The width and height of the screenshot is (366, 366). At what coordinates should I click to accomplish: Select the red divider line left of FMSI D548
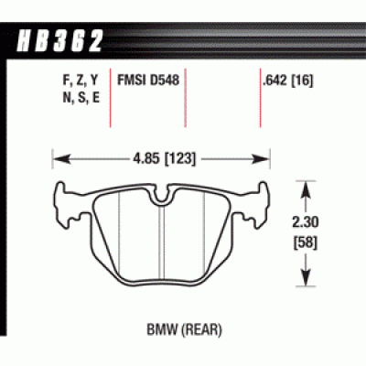coord(111,101)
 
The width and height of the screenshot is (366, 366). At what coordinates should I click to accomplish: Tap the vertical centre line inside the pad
coord(162,242)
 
